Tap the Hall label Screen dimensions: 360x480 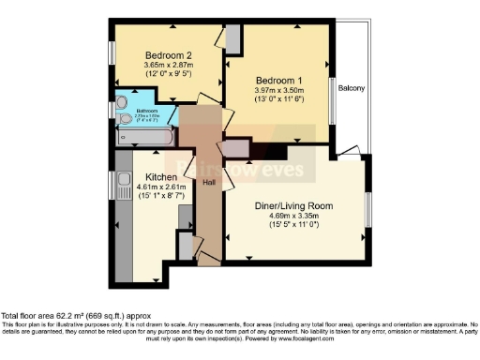[x=208, y=183]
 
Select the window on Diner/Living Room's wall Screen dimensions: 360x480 [x=367, y=204]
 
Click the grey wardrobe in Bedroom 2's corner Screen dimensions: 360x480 [x=232, y=37]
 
